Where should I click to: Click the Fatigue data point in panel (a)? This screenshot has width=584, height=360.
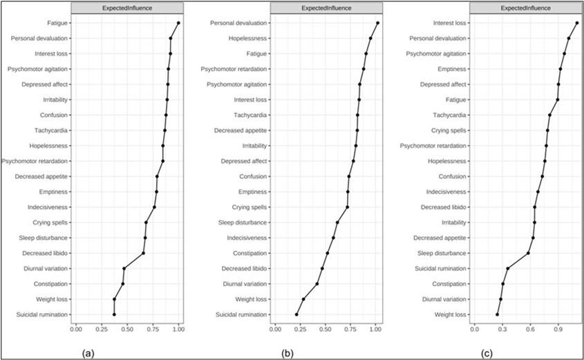coord(178,23)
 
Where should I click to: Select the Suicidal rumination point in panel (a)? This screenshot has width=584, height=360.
coord(114,314)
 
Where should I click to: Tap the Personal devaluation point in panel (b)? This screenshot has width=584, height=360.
coord(377,23)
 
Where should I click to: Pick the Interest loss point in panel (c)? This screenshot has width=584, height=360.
coord(576,23)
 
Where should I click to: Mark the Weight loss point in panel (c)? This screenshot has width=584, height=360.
coord(497,314)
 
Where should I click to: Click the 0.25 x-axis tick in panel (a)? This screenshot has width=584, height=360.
coord(102,330)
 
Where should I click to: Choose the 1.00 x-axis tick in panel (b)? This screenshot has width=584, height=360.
coord(375,330)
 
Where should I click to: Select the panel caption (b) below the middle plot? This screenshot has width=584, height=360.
coord(286,352)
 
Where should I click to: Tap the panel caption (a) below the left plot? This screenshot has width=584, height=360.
coord(88,352)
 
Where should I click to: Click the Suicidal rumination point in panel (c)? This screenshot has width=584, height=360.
coord(507,269)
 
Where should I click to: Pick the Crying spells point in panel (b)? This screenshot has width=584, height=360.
coord(348,207)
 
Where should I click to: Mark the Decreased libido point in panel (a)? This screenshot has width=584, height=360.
coord(143,254)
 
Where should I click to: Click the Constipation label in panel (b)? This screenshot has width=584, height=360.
coord(249,253)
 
